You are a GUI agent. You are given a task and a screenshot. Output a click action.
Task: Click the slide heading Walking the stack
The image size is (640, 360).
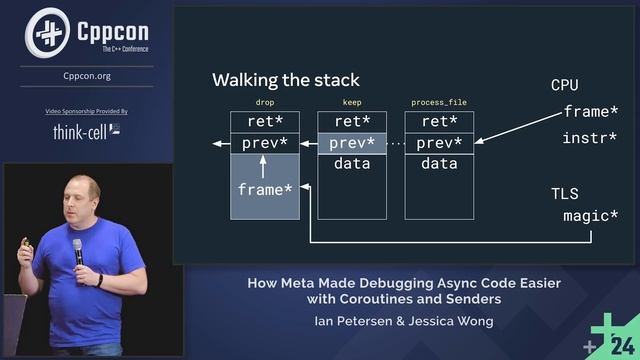286,80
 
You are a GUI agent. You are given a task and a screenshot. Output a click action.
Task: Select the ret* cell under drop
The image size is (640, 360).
265,121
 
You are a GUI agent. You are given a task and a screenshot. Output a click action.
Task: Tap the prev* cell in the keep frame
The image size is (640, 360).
352,143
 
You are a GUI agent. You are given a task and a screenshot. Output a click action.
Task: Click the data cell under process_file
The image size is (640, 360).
439,164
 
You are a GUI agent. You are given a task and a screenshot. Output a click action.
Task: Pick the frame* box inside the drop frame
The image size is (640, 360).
265,189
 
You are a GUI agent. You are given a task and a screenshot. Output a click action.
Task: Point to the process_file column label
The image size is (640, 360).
439,103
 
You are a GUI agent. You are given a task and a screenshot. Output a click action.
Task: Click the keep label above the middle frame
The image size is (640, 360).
352,103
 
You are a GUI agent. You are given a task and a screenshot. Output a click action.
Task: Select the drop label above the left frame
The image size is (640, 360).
265,103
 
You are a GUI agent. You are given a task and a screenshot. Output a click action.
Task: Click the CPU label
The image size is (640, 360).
565,85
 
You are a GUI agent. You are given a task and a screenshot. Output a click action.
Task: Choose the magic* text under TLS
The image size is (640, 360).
590,216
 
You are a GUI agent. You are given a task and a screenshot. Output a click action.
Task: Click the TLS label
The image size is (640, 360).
565,193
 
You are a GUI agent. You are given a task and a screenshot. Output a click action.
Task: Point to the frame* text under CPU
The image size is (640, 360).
591,111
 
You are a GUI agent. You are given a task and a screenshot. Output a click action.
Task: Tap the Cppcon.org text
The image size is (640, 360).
87,75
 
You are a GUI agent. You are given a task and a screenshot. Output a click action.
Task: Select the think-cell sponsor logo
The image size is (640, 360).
87,131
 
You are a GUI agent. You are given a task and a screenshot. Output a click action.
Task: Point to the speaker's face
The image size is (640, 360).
82,200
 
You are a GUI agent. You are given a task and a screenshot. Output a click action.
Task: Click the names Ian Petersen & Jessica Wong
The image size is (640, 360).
404,322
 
